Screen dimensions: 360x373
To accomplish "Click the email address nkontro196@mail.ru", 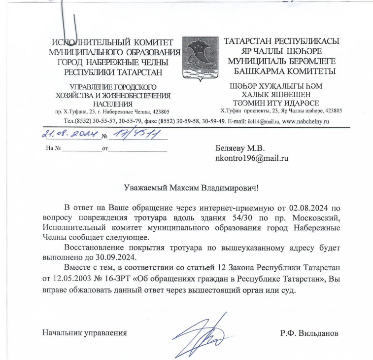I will point(249,158).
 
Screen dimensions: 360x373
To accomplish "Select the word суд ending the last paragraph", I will point(288,289).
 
